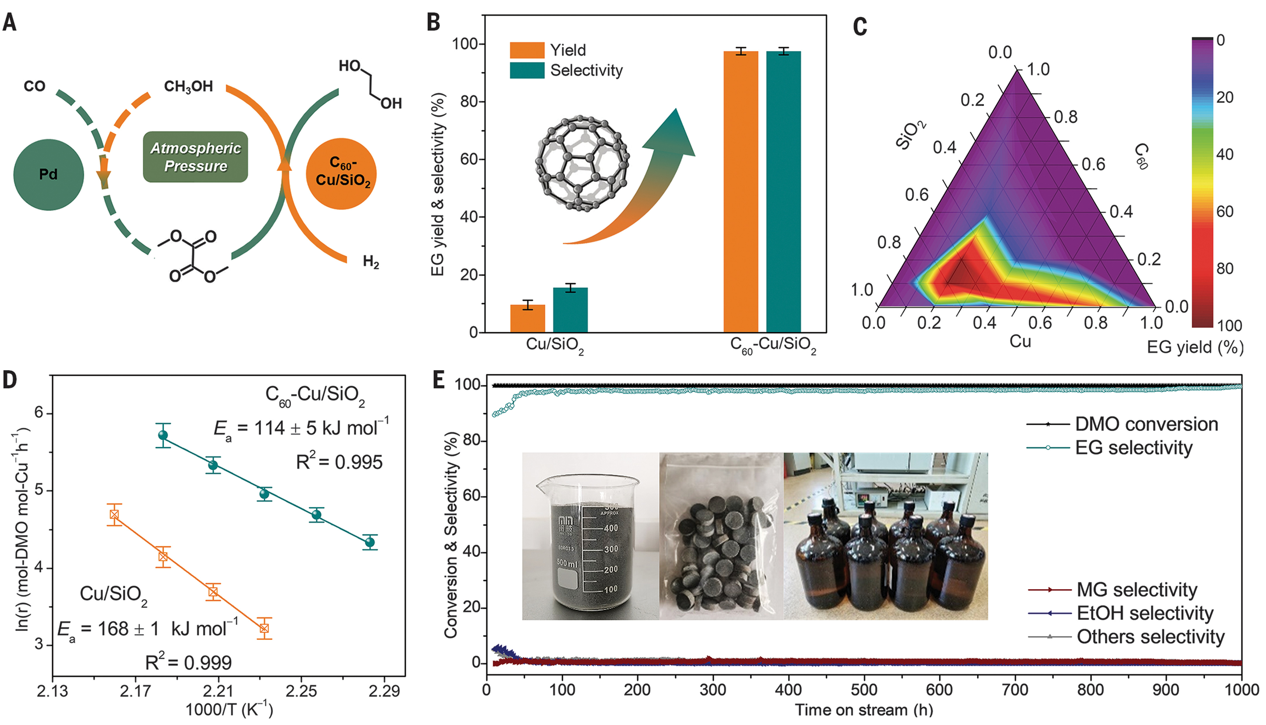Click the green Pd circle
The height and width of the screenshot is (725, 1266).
coord(48,174)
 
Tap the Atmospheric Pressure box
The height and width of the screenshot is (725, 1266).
coord(195,157)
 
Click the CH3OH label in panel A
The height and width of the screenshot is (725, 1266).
coord(188,86)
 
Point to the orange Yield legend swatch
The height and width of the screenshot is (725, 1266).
coord(527,50)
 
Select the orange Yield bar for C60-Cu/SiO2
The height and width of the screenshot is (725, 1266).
coord(740,192)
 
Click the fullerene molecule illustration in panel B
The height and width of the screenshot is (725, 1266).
coord(581,163)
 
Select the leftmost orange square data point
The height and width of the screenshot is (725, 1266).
coord(114,514)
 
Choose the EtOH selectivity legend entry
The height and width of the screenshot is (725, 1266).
coord(1121,613)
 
